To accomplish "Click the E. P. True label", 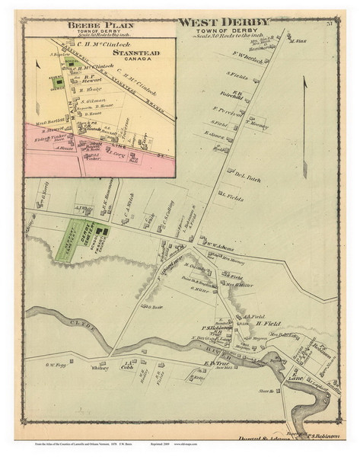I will (x=216, y=363).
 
